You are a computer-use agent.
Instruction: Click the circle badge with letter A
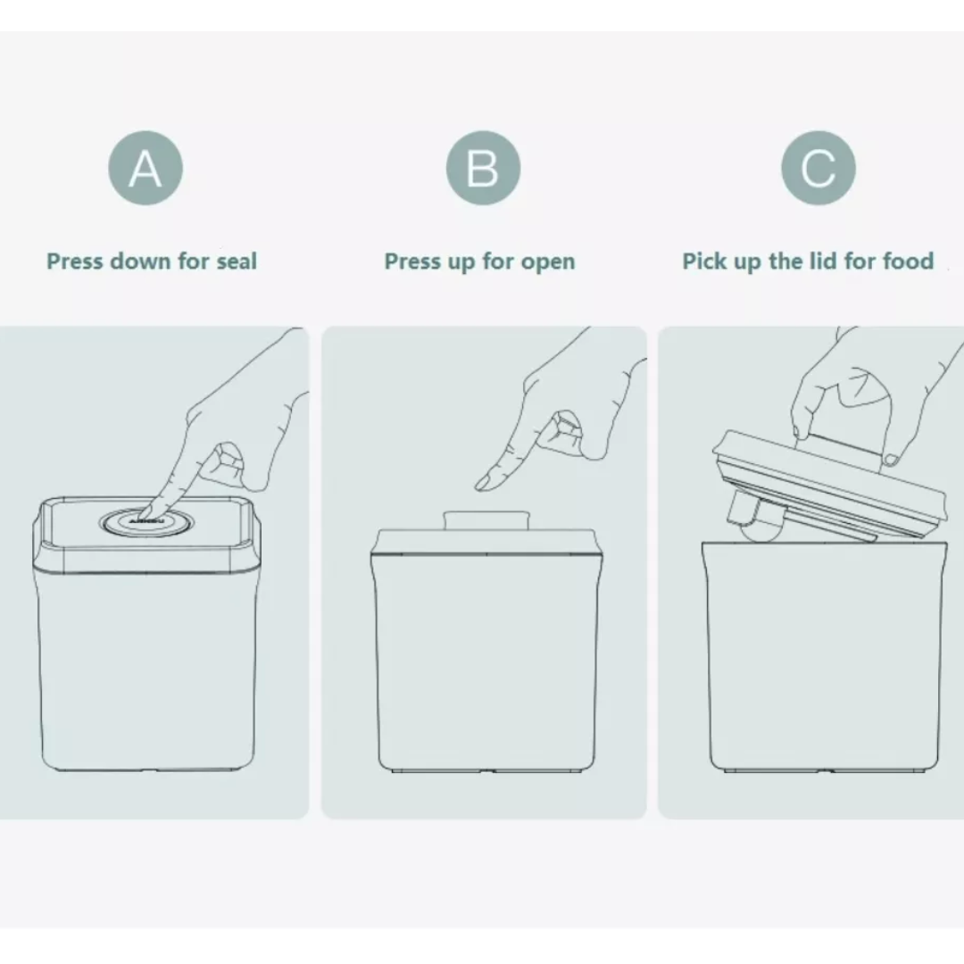coord(145,168)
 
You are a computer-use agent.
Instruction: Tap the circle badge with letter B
coord(482,168)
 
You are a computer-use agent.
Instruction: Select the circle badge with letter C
coord(818,168)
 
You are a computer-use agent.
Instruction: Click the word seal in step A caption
coord(236,262)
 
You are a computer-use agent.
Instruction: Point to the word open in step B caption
coord(546,262)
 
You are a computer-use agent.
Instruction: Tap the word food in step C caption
coord(908,262)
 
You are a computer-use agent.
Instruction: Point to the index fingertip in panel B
coord(483,483)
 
